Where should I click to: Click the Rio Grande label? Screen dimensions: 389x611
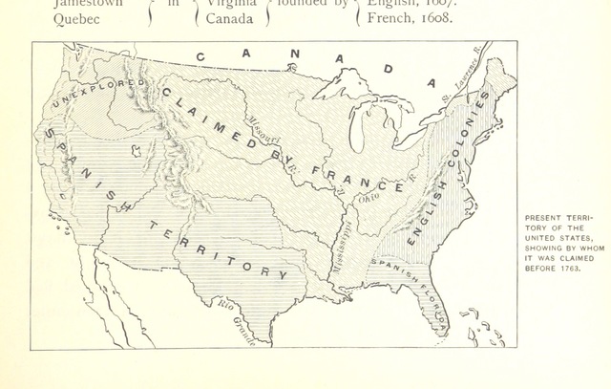click(234, 321)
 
